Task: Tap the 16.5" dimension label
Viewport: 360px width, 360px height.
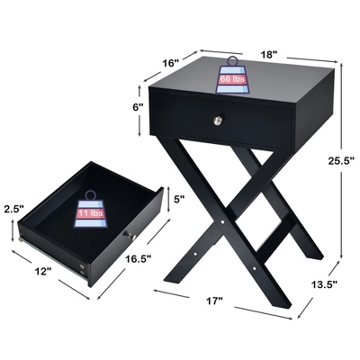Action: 138,259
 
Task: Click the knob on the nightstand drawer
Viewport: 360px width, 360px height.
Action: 217,121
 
